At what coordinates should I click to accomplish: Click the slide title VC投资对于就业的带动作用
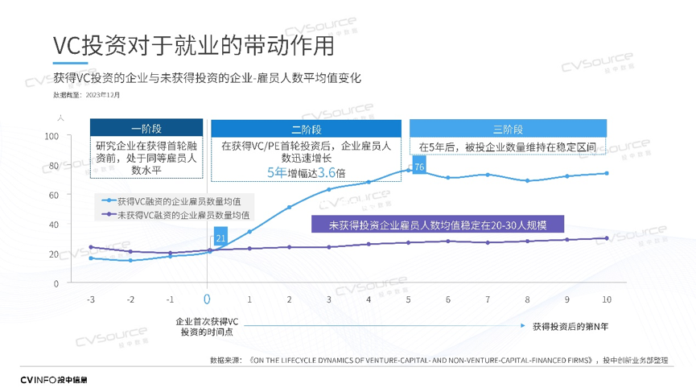coord(193,46)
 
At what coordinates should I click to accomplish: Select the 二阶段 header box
coord(306,129)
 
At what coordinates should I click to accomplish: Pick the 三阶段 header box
coord(508,129)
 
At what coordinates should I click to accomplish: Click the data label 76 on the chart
coord(418,167)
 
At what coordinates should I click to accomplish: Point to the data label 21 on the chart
coord(220,239)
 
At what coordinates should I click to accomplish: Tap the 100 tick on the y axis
coord(53,136)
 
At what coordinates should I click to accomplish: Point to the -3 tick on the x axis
coord(90,299)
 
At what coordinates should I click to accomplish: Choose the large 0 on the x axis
coord(207,299)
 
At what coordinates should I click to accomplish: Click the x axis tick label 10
coord(606,299)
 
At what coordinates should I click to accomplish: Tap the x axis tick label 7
coord(488,299)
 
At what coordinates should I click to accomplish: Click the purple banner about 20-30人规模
coord(438,225)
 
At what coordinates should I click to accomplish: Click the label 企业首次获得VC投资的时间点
coord(207,326)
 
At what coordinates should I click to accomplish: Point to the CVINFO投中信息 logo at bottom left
coord(54,379)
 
